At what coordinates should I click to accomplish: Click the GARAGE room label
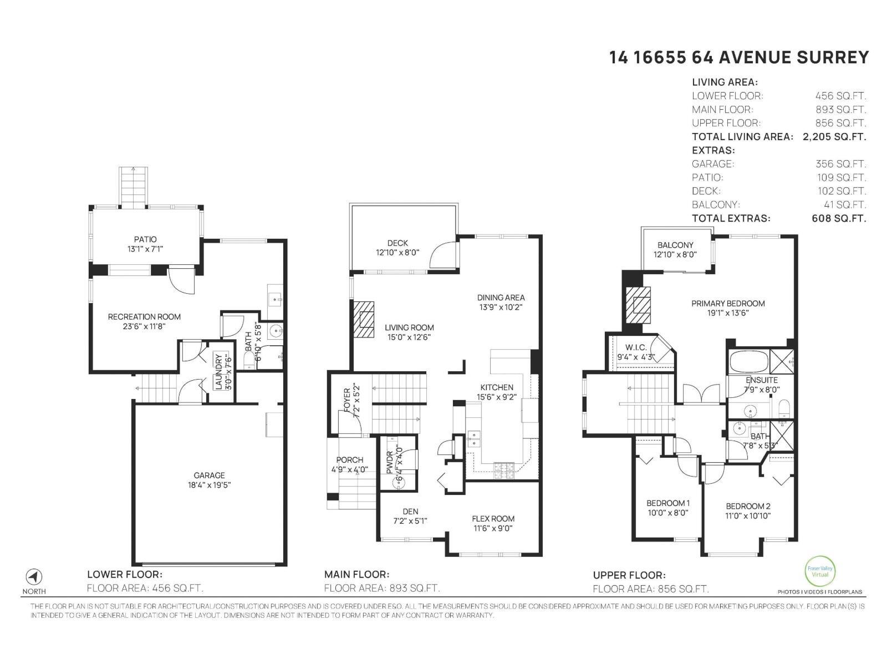209,475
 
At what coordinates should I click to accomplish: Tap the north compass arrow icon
34,577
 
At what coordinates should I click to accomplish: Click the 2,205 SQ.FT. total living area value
834,136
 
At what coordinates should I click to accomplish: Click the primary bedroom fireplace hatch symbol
638,304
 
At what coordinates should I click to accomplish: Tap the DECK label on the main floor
397,243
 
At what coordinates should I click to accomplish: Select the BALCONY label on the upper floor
675,245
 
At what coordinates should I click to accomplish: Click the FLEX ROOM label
493,519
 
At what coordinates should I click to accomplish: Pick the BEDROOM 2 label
748,506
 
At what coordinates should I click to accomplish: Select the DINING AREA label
501,298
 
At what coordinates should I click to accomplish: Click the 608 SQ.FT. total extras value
838,218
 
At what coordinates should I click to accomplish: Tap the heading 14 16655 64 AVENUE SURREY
738,58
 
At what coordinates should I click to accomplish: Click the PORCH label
349,459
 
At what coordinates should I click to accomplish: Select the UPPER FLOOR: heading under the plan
629,575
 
